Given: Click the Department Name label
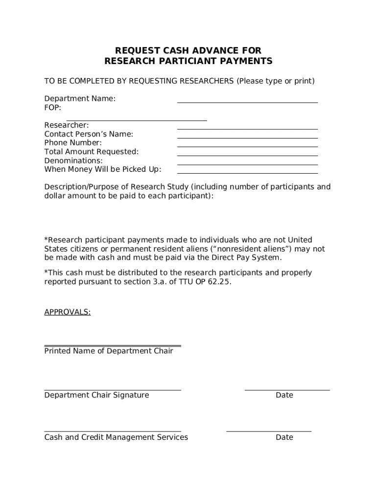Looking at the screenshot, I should coord(80,98).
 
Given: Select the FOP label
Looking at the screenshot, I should coord(52,107).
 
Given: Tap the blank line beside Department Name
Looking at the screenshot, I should coord(247,102).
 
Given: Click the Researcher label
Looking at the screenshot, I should coord(67,125).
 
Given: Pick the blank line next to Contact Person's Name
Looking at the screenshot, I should coord(247,137).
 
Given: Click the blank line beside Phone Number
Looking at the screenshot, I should coord(247,146).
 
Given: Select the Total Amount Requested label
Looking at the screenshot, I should coord(92,152).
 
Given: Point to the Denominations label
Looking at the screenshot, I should coord(73,160).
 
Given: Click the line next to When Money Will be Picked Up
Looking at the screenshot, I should coord(247,173).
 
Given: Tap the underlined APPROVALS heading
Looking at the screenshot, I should coord(67,312).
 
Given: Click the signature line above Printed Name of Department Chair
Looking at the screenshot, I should coord(113,346).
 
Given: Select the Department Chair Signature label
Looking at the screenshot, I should coord(96,395).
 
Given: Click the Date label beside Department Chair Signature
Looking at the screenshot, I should coord(284,395).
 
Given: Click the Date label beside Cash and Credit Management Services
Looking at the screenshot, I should coord(284,437).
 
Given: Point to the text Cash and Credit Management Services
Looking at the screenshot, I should coord(116,437).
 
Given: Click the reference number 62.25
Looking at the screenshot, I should coord(218,282).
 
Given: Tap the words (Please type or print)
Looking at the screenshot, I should coord(276,81).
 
